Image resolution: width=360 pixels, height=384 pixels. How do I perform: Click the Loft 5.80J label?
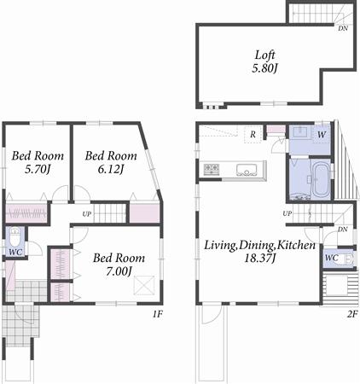pos(264,61)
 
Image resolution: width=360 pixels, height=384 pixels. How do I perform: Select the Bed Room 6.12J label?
pos(110,162)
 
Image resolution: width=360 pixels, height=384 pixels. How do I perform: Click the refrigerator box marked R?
pos(253,135)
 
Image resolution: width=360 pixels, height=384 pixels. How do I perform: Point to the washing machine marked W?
pos(322,134)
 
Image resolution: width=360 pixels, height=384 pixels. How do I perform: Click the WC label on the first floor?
pos(15,253)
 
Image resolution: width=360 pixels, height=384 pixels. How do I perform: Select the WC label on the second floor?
pos(332,258)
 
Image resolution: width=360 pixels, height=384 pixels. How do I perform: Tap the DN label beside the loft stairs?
pos(342,28)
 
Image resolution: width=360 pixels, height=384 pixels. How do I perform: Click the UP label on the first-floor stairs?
pos(87,213)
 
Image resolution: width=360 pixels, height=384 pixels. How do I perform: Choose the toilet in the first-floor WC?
pos(16,236)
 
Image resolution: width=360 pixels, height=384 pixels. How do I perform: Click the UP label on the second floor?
pos(287,212)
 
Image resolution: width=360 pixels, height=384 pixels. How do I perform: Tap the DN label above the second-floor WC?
pos(342,229)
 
